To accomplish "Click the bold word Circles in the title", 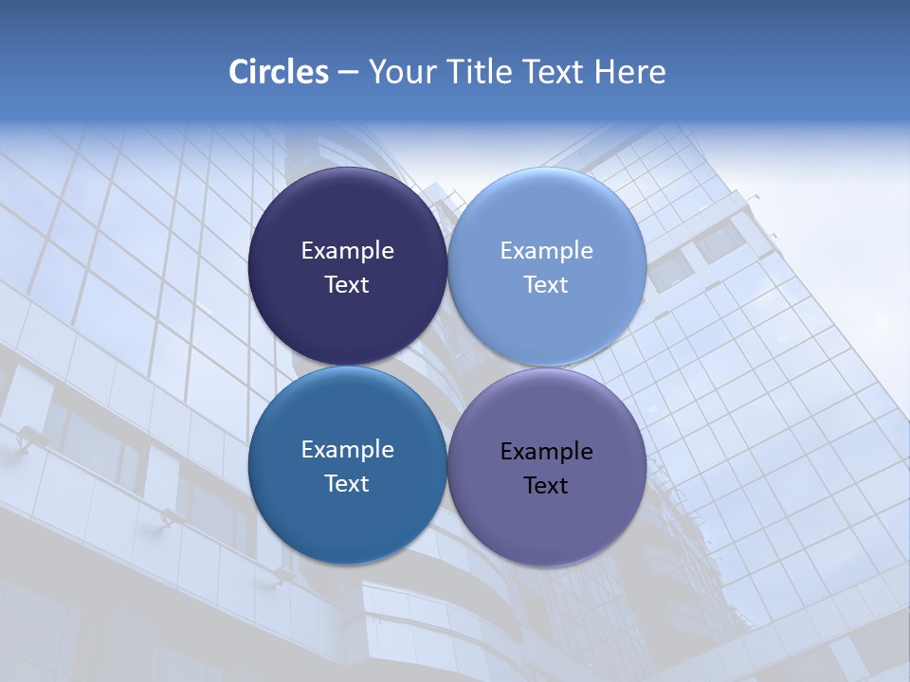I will (x=279, y=72).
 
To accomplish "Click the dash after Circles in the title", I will (x=348, y=73).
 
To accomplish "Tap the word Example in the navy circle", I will (x=347, y=250).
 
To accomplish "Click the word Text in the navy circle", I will (x=347, y=284).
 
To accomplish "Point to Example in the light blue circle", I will (x=546, y=250).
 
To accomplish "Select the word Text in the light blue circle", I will (x=546, y=284).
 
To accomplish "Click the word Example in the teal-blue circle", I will (x=347, y=449).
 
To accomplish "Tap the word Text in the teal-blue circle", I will (x=347, y=483).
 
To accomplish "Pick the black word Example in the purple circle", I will (x=546, y=451).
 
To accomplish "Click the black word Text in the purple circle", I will (x=546, y=485).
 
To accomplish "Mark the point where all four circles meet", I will (x=447, y=367).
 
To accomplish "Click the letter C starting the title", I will (x=238, y=72).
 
